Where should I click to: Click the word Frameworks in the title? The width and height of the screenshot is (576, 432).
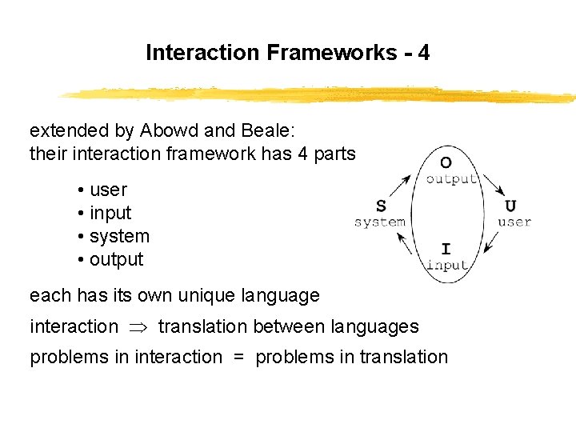(x=330, y=53)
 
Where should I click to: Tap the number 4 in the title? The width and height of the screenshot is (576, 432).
(x=423, y=53)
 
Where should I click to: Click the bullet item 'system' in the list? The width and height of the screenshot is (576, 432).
(x=119, y=236)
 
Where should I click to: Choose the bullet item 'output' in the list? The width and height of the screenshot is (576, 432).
(x=116, y=259)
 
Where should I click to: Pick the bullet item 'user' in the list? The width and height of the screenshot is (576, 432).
(x=108, y=190)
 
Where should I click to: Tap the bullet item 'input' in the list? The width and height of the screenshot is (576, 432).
(x=110, y=213)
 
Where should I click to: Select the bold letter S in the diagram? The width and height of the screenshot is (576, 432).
(x=381, y=206)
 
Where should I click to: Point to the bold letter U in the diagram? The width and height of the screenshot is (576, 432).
(x=510, y=206)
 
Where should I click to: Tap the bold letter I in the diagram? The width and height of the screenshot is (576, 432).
(x=446, y=250)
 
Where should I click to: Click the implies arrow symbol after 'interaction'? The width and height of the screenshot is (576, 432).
(x=138, y=326)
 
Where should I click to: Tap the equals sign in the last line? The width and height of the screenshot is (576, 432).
(x=238, y=358)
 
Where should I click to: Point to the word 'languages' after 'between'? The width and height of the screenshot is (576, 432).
(x=378, y=326)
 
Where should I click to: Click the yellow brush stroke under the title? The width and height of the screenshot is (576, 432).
(x=320, y=94)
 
